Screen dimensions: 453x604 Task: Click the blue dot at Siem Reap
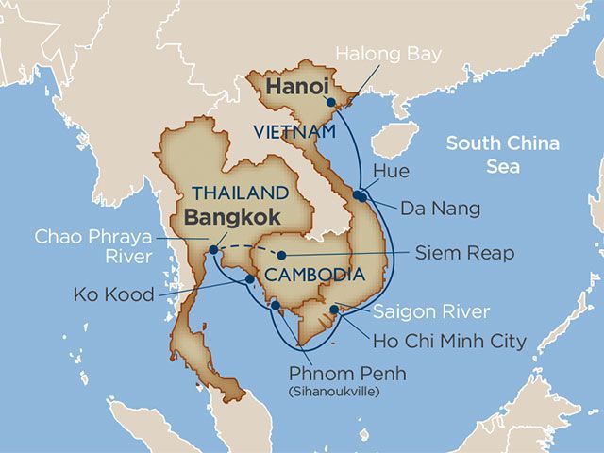point(281,255)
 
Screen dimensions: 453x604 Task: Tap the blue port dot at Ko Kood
point(247,279)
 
